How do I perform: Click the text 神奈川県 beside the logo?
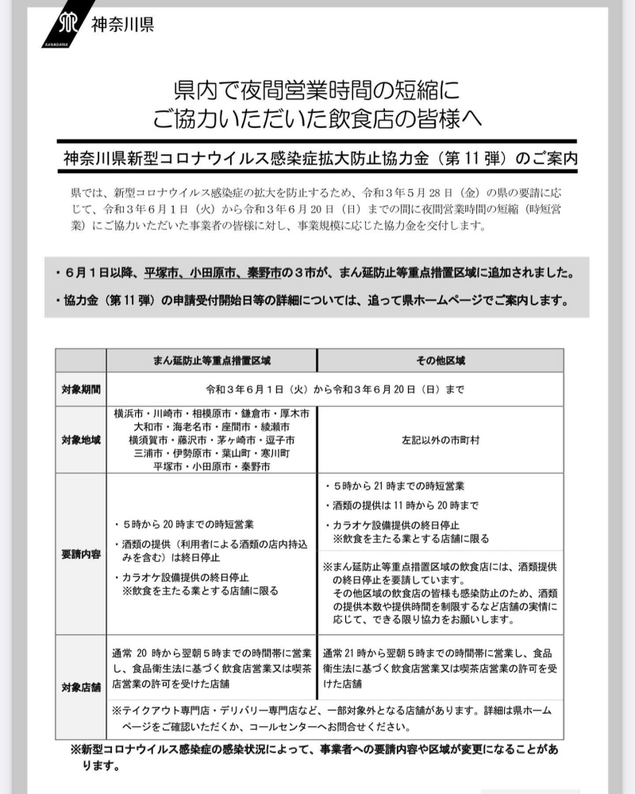123,24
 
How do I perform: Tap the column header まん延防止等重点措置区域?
212,360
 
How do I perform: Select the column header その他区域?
441,360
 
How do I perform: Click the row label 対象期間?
80,389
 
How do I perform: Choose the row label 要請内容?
80,554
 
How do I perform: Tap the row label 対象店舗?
80,685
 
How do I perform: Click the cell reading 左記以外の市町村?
441,440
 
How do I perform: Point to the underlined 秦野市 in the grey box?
264,272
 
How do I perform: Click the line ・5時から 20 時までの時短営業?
184,524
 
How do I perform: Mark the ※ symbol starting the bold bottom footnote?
75,749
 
